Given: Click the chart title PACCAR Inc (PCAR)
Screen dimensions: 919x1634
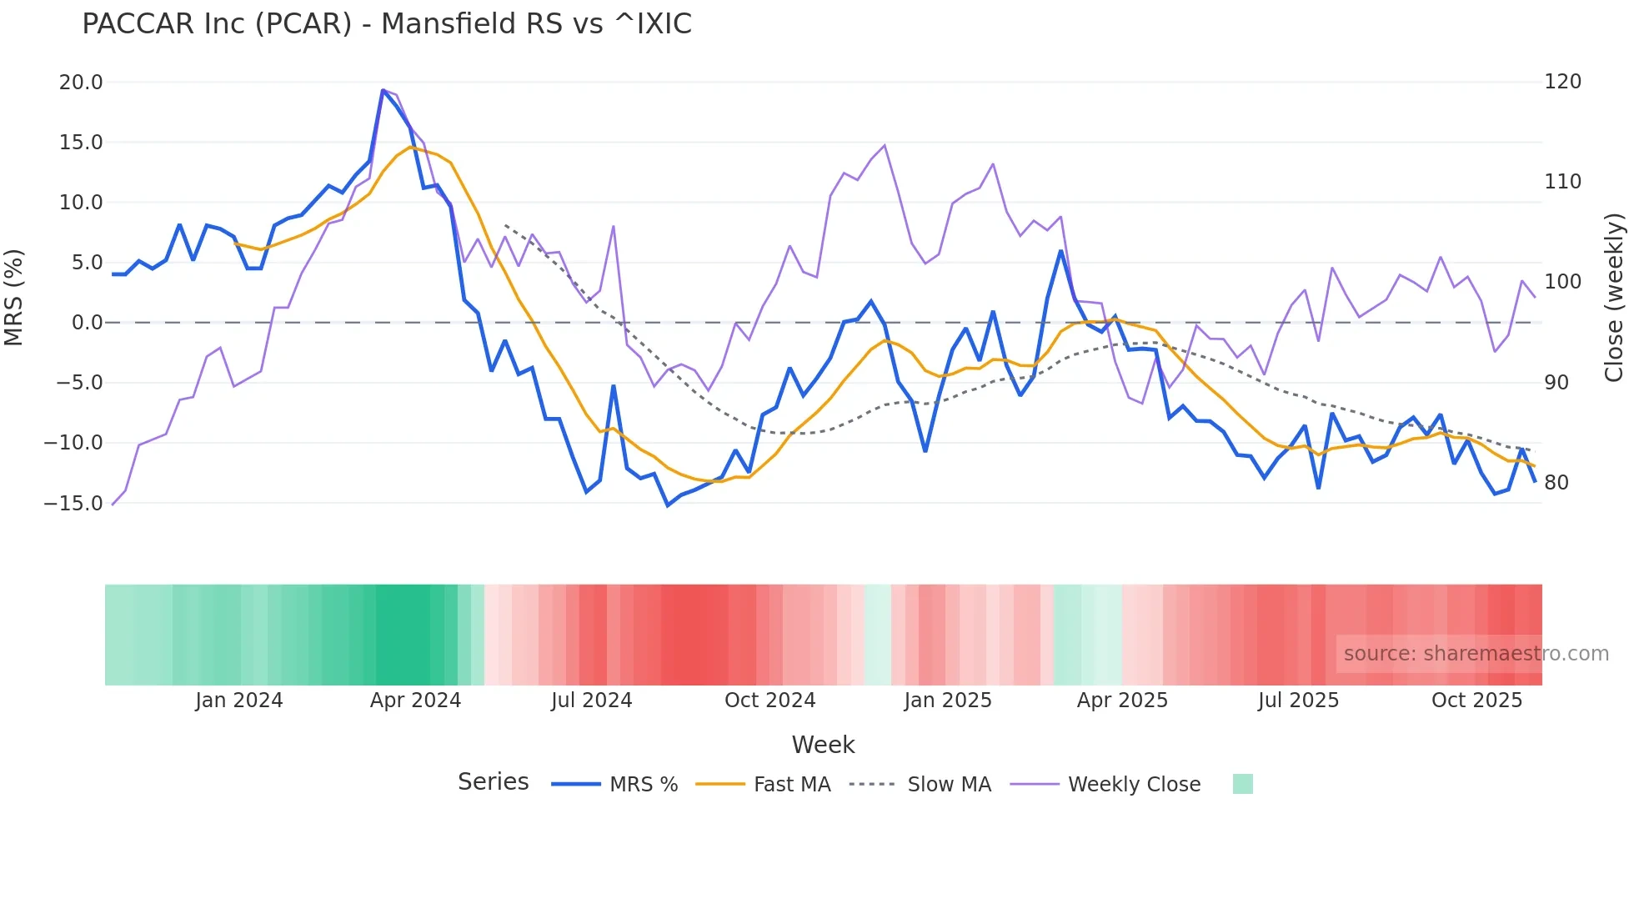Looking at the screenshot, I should [x=386, y=24].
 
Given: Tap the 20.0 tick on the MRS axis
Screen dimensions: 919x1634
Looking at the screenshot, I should [x=81, y=83].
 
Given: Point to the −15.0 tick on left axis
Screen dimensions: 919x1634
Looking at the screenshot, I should [x=73, y=503].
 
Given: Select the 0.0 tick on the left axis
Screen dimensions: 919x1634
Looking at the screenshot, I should [x=87, y=323].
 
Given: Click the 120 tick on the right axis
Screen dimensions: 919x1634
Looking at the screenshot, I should [x=1562, y=82].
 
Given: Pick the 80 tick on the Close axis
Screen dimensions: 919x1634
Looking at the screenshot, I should [x=1556, y=483].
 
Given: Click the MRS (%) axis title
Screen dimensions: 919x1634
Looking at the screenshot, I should [x=14, y=298].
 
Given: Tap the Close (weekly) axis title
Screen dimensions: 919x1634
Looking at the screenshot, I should [x=1614, y=298].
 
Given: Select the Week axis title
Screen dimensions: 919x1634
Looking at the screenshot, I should [x=823, y=745].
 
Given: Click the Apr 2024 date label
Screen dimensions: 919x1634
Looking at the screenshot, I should [x=415, y=701].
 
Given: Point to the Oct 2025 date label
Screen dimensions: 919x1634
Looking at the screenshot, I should [x=1476, y=701].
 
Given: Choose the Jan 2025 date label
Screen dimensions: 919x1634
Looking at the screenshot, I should [x=948, y=701].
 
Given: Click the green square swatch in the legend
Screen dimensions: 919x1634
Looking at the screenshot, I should [x=1242, y=784].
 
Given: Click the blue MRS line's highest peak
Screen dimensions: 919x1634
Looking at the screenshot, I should [x=383, y=90].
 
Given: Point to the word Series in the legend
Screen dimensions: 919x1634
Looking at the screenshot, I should [x=493, y=782].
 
